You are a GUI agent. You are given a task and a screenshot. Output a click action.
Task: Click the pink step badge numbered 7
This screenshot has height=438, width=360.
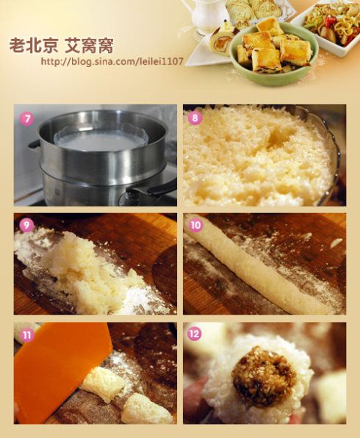pos(27,119)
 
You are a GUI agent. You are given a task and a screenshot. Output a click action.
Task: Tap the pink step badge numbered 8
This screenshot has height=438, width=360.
pos(195,118)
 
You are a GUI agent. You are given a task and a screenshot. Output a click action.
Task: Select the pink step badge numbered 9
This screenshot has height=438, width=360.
pos(26,225)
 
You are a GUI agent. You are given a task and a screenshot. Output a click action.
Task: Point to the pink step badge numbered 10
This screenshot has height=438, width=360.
pos(195,225)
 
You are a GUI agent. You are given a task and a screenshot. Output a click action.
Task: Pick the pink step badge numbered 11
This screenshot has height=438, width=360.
pos(27,334)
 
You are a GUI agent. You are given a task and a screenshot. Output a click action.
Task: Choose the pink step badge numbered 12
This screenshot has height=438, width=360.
pos(195,334)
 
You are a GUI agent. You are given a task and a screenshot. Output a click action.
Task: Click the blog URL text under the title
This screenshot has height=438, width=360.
pos(112,62)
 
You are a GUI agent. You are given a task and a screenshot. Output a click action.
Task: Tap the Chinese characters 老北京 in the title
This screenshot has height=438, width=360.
pos(34,46)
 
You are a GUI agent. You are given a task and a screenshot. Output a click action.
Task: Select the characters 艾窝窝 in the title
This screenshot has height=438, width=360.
pos(89,46)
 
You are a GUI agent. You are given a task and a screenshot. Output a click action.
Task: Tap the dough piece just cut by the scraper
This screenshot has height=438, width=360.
pos(103,381)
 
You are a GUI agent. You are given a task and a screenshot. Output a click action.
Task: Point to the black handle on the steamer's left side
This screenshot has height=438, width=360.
pos(34,144)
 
